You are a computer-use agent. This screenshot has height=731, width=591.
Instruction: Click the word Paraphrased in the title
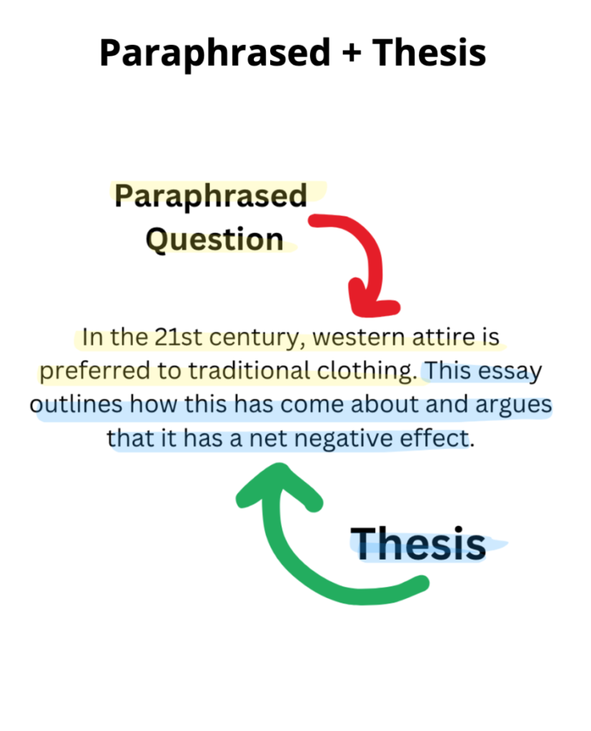[x=215, y=52]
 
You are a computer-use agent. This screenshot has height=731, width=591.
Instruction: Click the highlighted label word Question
[x=215, y=238]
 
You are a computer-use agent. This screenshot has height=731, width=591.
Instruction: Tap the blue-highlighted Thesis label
[x=418, y=543]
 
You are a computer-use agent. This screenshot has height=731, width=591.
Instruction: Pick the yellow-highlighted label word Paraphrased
[x=211, y=195]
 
